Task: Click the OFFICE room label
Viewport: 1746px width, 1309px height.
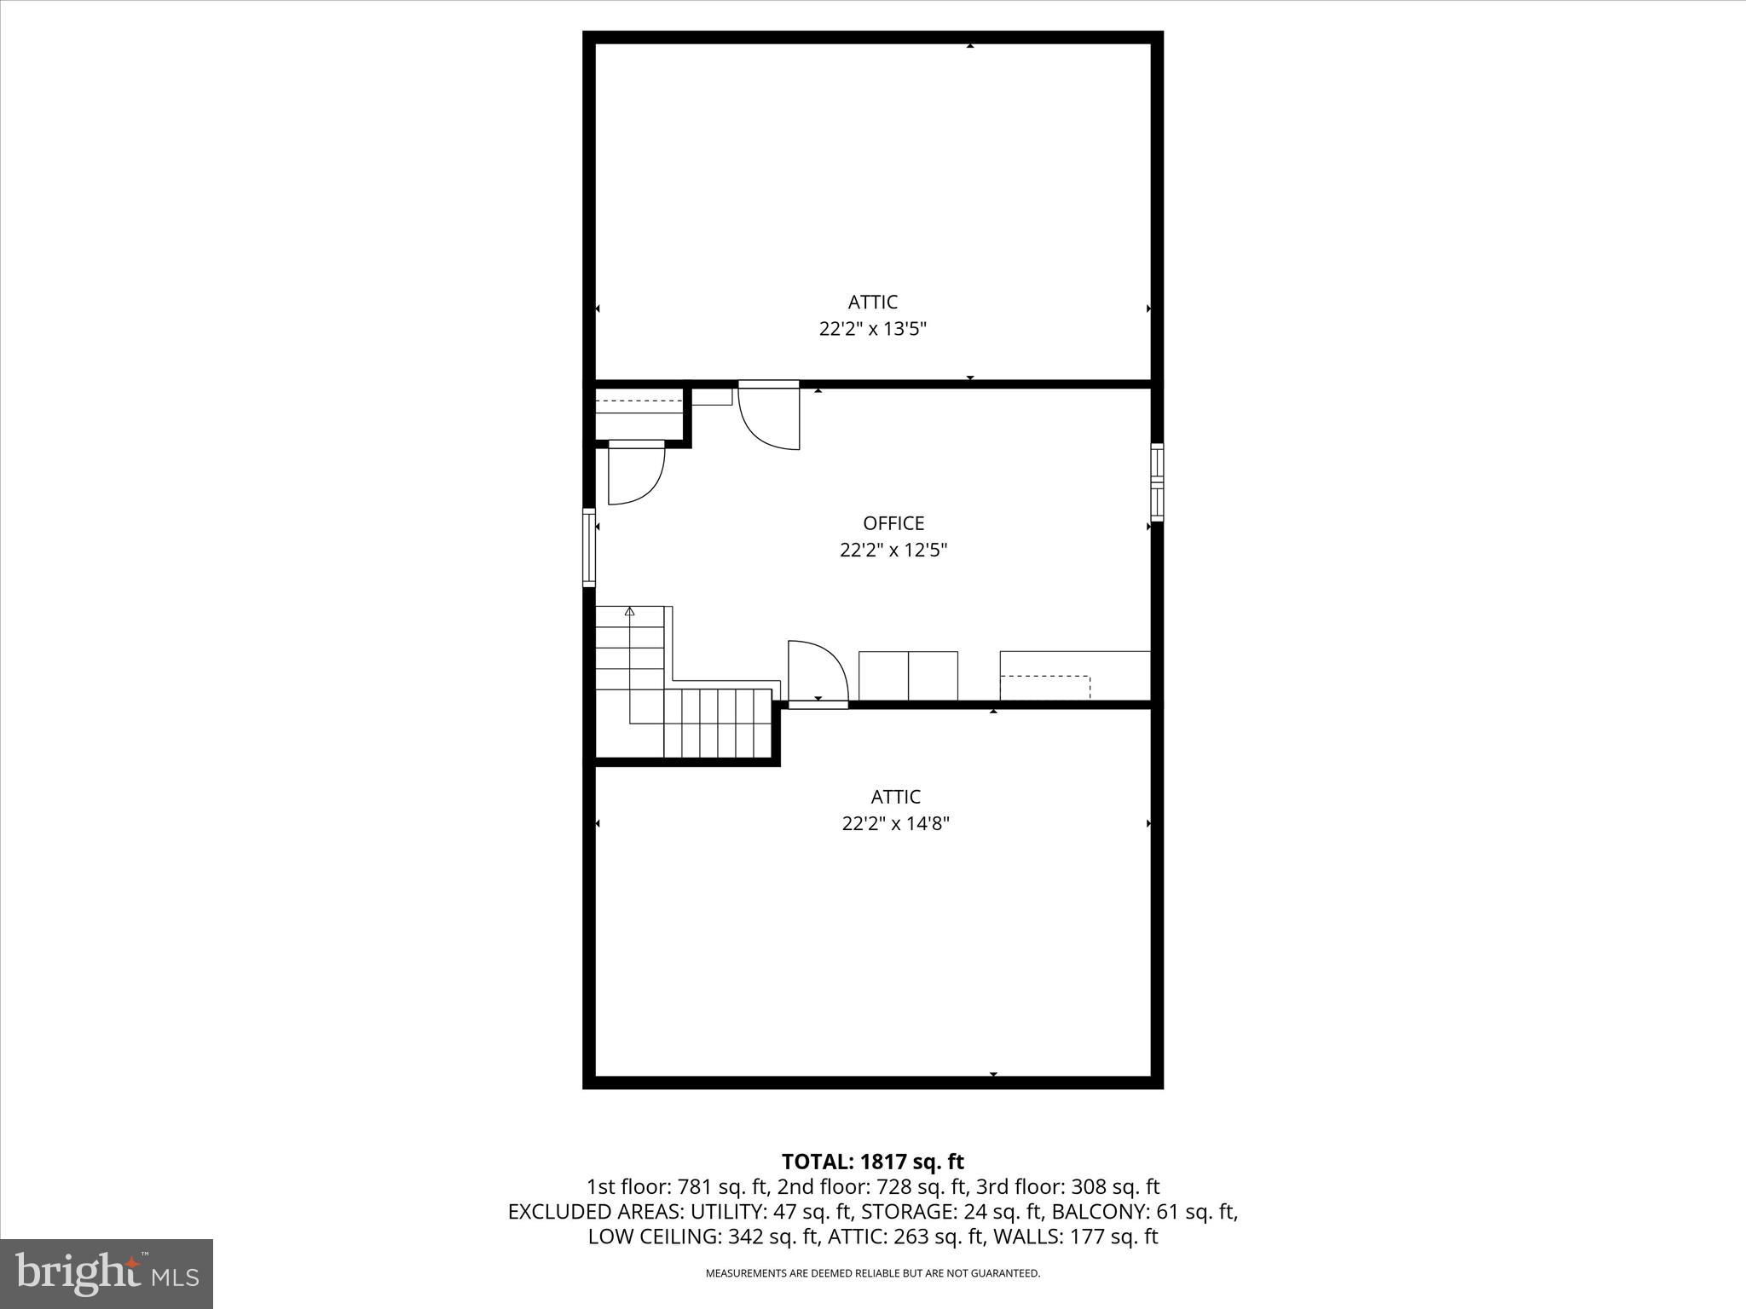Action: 893,523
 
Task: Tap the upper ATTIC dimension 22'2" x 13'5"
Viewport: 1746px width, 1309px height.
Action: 872,329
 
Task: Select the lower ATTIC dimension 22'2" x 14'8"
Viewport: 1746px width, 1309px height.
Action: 895,824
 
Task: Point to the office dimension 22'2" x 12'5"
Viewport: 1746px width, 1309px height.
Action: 893,551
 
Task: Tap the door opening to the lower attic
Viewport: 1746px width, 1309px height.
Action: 818,673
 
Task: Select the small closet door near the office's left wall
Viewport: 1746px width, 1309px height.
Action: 636,474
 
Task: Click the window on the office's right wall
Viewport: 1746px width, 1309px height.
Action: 1157,482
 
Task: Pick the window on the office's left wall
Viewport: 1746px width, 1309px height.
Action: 588,547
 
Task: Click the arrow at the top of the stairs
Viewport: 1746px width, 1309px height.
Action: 630,611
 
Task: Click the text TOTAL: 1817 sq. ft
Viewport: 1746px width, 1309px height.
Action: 872,1162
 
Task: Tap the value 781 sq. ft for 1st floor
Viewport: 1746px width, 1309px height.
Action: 713,1187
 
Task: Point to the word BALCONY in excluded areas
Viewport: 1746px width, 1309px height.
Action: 1090,1212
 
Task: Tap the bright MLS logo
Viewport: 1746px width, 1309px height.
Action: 107,1274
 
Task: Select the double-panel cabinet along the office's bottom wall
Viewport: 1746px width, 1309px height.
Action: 908,676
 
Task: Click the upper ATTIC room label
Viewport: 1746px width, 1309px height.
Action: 872,303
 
